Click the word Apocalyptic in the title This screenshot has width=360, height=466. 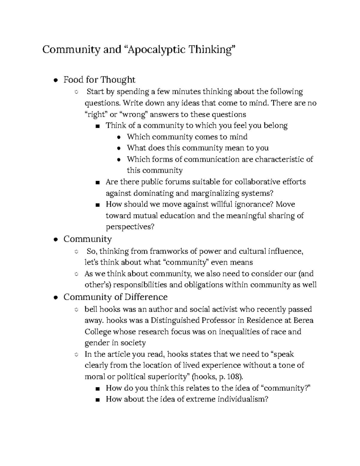pyautogui.click(x=156, y=50)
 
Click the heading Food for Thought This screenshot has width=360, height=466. pyautogui.click(x=99, y=80)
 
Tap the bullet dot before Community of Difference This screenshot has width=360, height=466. pyautogui.click(x=55, y=297)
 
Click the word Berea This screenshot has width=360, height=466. pyautogui.click(x=303, y=320)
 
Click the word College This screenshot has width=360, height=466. pyautogui.click(x=98, y=332)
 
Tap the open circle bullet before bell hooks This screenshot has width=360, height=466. pyautogui.click(x=76, y=310)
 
